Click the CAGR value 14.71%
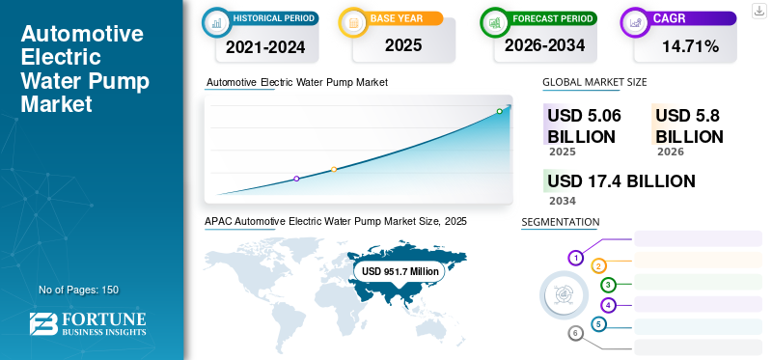coord(689,46)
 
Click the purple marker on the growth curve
coord(296,179)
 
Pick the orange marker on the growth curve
coord(334,170)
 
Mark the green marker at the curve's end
coord(499,112)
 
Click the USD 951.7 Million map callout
coord(400,272)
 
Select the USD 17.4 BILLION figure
coord(620,181)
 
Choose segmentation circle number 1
coord(576,258)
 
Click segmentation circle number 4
coord(608,305)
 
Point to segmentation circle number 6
coord(576,333)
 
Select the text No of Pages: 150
coord(78,290)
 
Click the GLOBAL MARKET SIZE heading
coord(594,82)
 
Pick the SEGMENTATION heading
coord(560,222)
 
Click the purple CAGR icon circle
coord(636,19)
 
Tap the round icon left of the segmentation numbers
coord(561,293)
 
